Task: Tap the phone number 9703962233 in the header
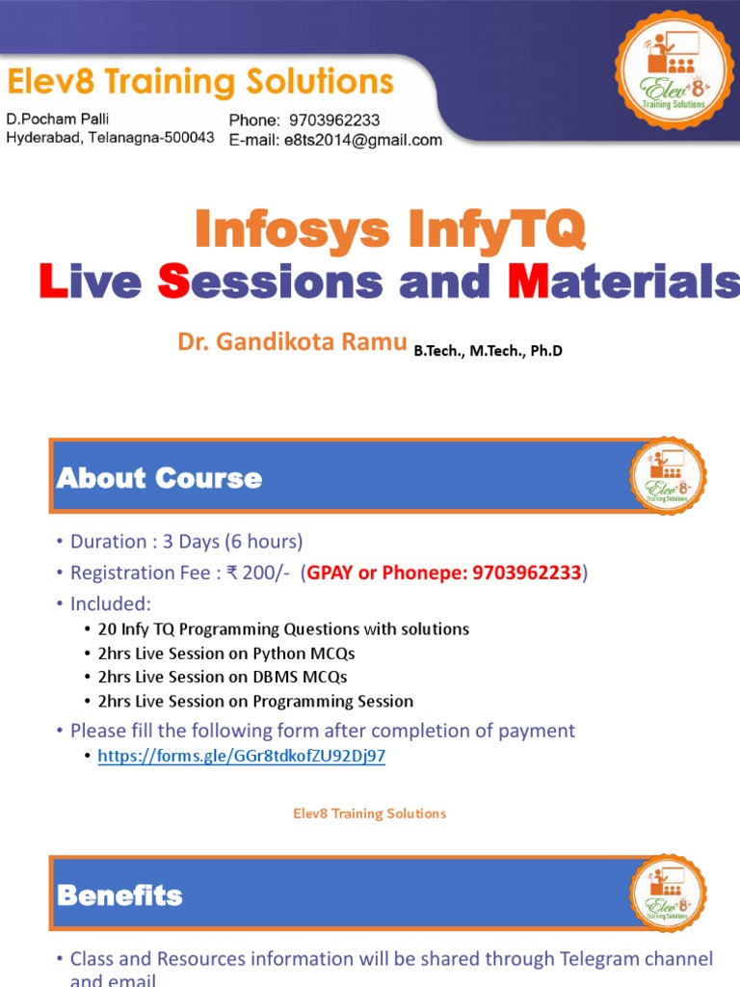pos(334,120)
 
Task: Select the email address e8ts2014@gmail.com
pos(361,140)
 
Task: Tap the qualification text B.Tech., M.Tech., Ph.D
pos(488,351)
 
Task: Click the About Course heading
pos(159,478)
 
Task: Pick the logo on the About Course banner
pos(668,476)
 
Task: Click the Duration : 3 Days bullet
pos(186,541)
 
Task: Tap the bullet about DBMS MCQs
pos(222,677)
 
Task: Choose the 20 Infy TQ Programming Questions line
pos(283,628)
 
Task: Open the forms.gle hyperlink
pos(242,756)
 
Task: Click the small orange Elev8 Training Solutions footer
pos(370,814)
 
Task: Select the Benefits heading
pos(119,895)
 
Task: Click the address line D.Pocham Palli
pos(58,120)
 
